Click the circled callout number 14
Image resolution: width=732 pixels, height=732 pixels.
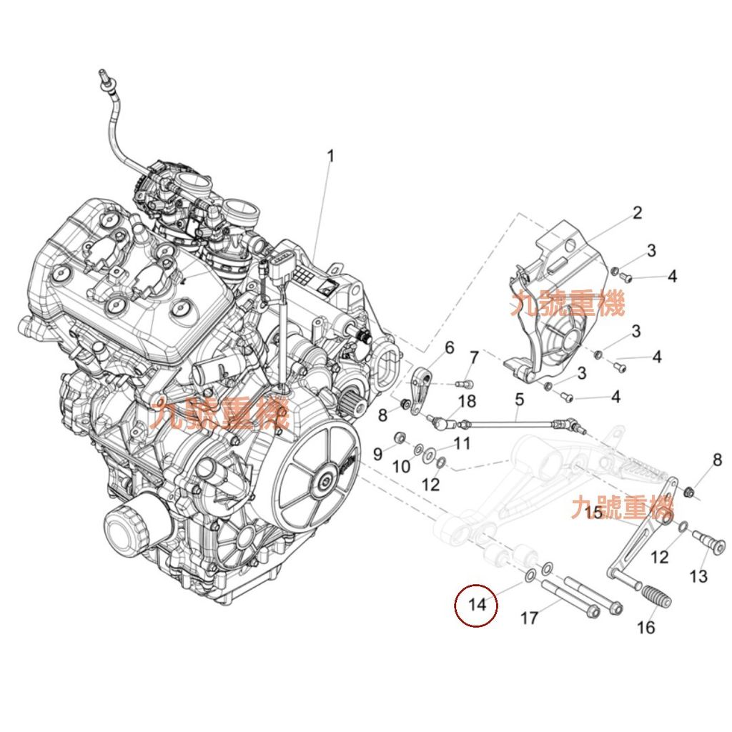click(x=477, y=605)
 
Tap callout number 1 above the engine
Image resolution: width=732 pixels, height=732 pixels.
click(x=331, y=156)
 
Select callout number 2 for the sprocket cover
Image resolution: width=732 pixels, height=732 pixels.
click(x=637, y=212)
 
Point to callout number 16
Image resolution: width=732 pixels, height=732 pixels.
click(x=646, y=628)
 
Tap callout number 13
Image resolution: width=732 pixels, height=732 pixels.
click(x=698, y=576)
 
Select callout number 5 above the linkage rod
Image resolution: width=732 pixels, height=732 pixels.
click(x=520, y=399)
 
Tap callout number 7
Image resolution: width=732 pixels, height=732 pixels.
click(x=473, y=357)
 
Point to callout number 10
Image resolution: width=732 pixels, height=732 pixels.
click(x=402, y=467)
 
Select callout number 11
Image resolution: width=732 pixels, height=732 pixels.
click(x=462, y=443)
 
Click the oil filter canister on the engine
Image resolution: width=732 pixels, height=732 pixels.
click(x=129, y=529)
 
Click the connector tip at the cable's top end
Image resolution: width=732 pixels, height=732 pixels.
click(x=103, y=74)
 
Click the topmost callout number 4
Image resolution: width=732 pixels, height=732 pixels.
click(x=671, y=277)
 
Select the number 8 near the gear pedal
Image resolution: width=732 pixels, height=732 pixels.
click(x=717, y=460)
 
